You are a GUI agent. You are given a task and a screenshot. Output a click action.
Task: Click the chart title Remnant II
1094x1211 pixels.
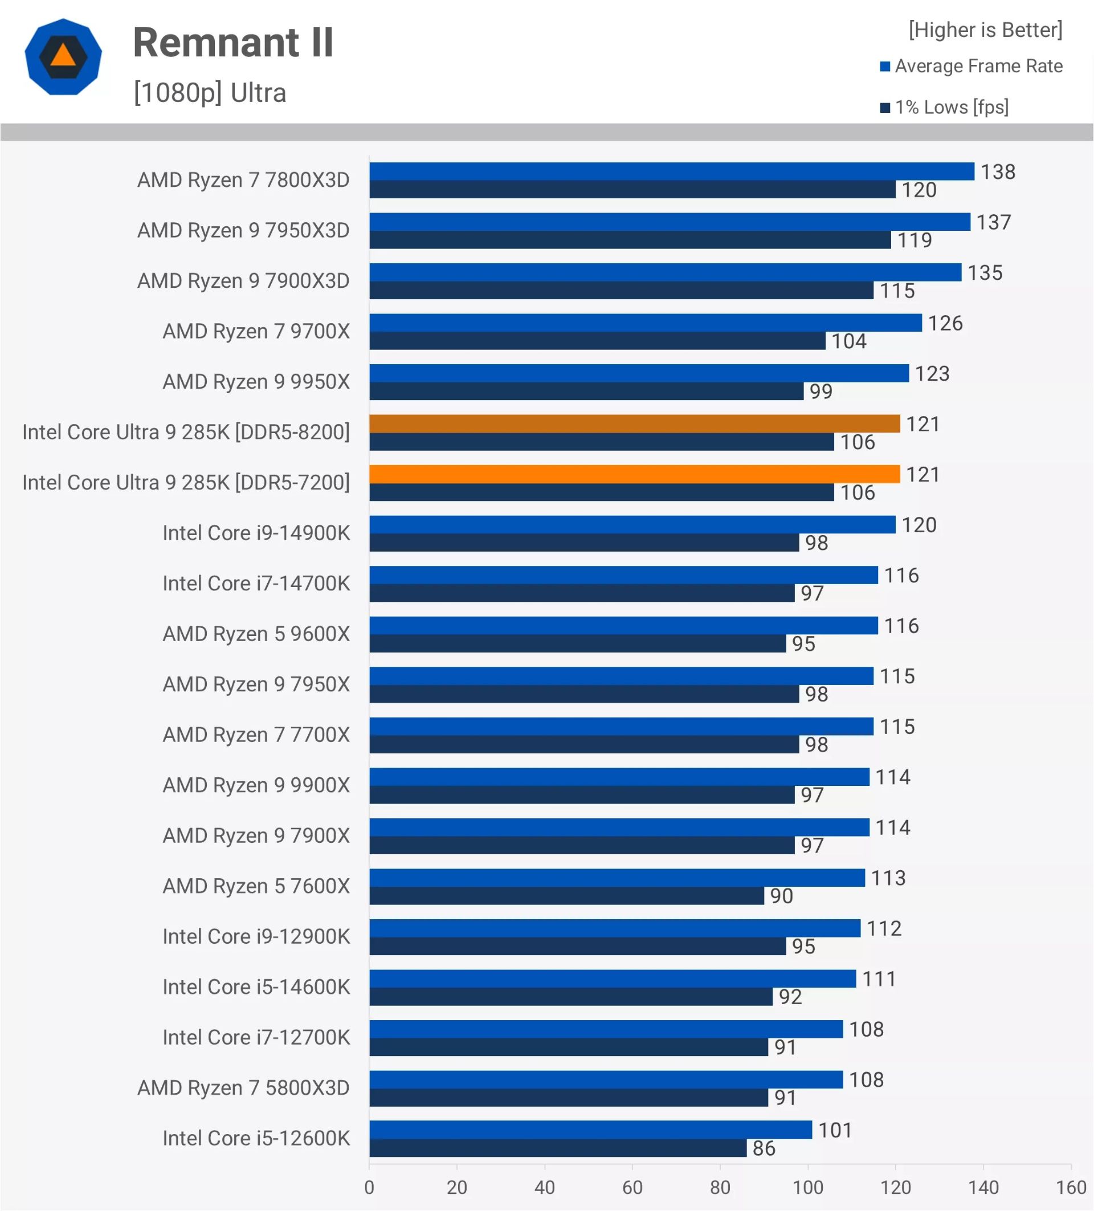pos(233,43)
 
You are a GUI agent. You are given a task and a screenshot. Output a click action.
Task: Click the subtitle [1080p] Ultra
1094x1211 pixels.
pos(210,93)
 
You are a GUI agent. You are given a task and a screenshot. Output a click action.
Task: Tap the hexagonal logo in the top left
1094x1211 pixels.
pos(63,57)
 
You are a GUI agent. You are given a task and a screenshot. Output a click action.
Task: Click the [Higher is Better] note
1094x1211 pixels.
pos(985,30)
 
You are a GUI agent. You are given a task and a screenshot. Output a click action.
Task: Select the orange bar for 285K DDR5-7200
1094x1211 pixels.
pos(634,474)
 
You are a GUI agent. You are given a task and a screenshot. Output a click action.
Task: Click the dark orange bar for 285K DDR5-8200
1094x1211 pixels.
pos(634,423)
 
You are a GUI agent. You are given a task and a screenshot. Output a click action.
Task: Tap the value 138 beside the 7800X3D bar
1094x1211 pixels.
pos(997,172)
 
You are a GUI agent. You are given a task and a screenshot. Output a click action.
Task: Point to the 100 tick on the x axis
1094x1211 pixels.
pos(807,1187)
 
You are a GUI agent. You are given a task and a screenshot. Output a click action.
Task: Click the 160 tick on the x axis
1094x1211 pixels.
pos(1071,1187)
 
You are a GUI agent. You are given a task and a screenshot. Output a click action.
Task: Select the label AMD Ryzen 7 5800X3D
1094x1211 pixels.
pos(243,1088)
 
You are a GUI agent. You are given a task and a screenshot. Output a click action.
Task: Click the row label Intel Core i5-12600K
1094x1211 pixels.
pos(256,1138)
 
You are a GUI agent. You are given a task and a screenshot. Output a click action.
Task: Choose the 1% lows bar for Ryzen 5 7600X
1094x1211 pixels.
pos(566,896)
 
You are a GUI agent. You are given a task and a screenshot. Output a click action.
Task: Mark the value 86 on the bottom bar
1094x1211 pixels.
pos(764,1148)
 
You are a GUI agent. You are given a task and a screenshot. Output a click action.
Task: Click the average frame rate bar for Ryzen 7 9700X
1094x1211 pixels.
pos(646,323)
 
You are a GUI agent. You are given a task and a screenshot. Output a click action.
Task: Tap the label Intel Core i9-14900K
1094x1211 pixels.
pos(256,533)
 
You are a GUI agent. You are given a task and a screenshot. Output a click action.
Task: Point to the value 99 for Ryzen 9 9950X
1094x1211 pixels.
pos(820,392)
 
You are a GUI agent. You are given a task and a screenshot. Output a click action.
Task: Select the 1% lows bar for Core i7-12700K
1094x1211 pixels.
pos(569,1047)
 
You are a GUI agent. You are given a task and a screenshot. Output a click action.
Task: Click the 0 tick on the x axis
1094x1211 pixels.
pos(369,1187)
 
